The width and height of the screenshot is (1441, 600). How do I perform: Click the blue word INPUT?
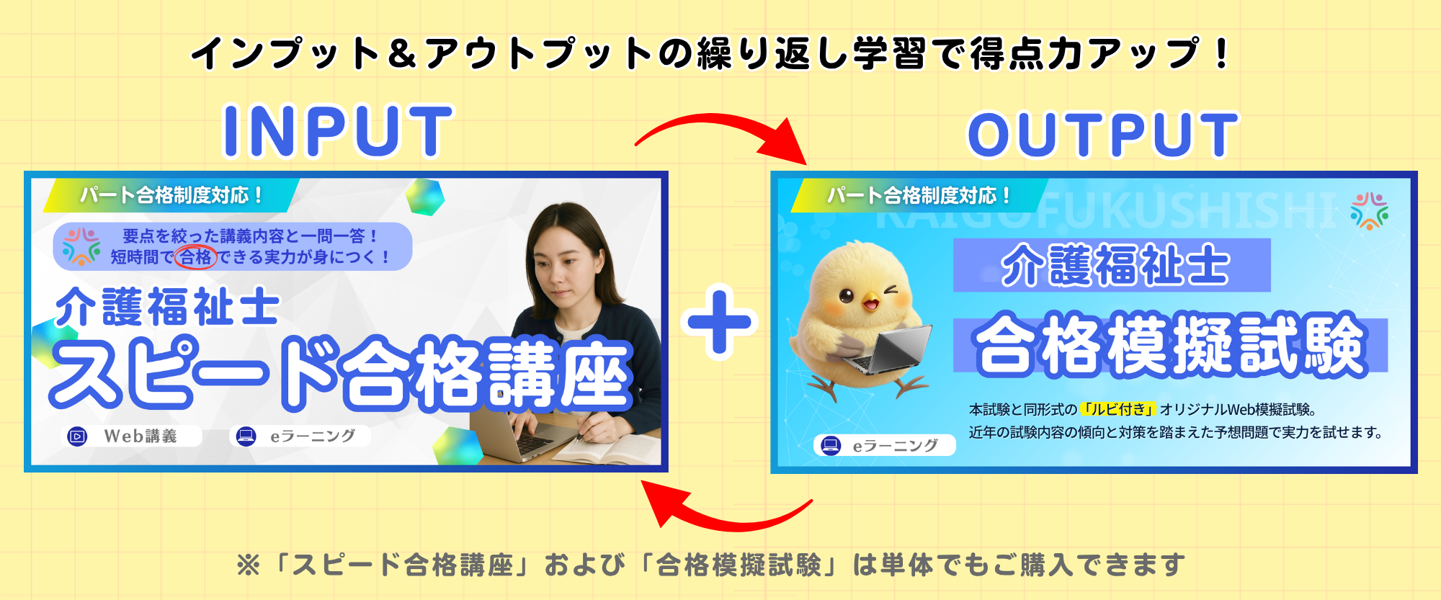338,131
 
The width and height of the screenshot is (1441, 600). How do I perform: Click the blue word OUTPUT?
1102,135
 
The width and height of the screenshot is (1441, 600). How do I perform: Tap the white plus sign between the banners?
719,322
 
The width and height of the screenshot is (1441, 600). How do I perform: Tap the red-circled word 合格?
196,257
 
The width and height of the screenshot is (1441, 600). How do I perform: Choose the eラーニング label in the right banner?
884,446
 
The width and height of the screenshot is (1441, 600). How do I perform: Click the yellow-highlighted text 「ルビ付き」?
1119,409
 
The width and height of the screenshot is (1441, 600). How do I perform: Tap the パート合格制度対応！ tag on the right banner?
919,195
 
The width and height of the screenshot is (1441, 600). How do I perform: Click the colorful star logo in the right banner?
1370,210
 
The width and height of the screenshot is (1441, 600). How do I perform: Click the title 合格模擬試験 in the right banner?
1169,345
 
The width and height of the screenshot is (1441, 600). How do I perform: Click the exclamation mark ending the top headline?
1221,53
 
